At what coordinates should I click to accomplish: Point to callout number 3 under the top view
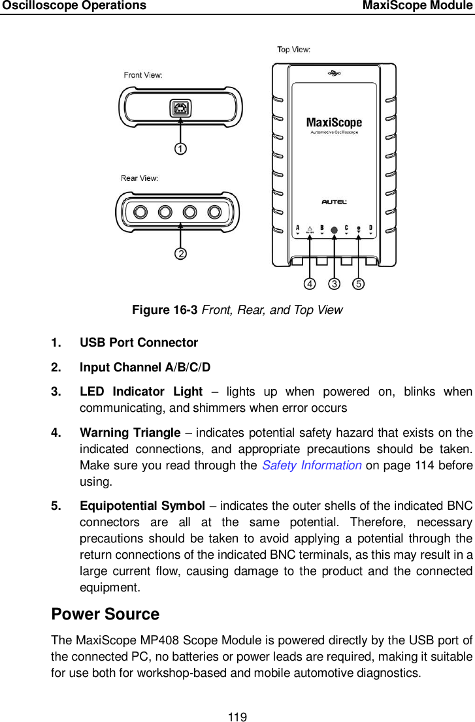pyautogui.click(x=334, y=284)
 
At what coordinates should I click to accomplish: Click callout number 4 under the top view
pyautogui.click(x=308, y=284)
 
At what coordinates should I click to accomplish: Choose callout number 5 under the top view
pyautogui.click(x=359, y=284)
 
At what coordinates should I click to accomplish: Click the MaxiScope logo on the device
pyautogui.click(x=334, y=123)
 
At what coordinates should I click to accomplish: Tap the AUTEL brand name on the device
pyautogui.click(x=334, y=202)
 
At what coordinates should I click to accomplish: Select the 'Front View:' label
pyautogui.click(x=143, y=75)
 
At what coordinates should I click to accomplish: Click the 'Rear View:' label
pyautogui.click(x=139, y=178)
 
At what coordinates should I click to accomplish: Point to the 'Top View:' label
pyautogui.click(x=294, y=50)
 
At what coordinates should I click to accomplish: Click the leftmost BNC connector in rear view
pyautogui.click(x=140, y=212)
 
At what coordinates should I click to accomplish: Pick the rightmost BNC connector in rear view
pyautogui.click(x=214, y=212)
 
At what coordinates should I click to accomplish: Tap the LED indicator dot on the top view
pyautogui.click(x=334, y=230)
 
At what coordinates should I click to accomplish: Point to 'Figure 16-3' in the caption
pyautogui.click(x=165, y=310)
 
